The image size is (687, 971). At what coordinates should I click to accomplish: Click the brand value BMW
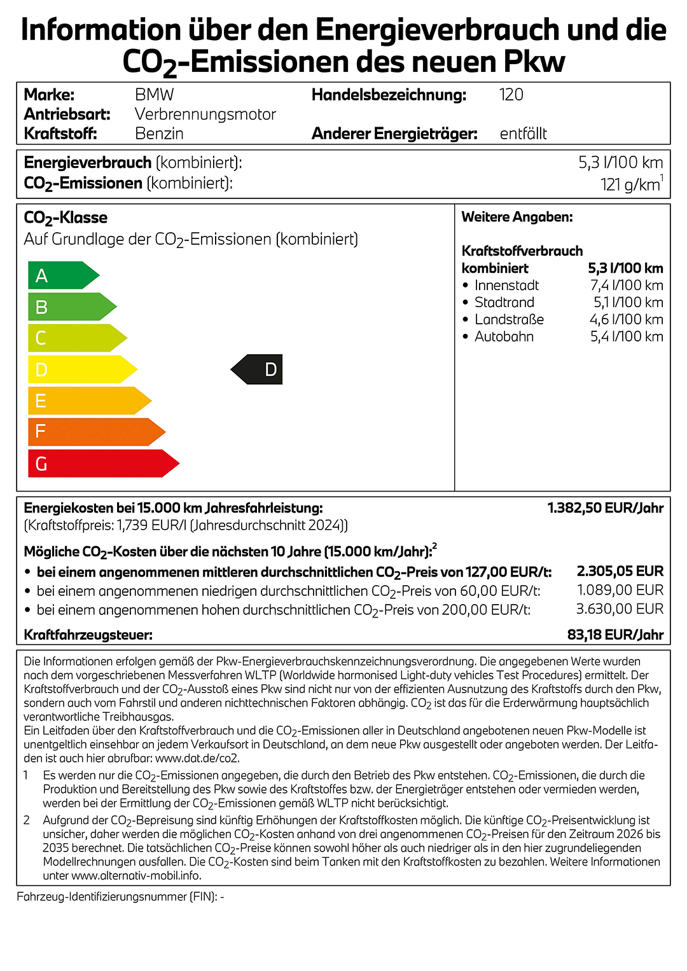tap(154, 95)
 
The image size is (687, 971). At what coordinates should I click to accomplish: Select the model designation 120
tap(511, 95)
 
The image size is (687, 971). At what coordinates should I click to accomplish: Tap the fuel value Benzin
tap(159, 134)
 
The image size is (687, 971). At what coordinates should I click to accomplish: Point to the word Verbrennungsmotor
tap(205, 114)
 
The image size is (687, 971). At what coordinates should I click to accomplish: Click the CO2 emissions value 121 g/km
tap(630, 184)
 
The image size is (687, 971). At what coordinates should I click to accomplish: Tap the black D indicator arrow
tap(258, 369)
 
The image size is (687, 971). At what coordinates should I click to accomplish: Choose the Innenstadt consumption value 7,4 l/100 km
tap(627, 286)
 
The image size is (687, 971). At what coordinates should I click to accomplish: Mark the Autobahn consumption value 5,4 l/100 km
tap(627, 337)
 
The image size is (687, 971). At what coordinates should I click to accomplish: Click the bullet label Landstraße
tap(509, 320)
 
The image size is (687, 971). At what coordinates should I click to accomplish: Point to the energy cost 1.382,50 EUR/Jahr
tap(605, 508)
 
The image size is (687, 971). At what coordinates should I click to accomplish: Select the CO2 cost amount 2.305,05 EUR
tap(620, 571)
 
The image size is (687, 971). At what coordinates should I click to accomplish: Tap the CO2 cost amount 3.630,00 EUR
tap(620, 609)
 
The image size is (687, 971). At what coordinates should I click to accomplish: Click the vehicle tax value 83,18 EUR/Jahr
tap(615, 635)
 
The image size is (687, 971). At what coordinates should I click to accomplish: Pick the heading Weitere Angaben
tap(517, 217)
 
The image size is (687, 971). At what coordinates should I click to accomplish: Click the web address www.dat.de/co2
tap(197, 758)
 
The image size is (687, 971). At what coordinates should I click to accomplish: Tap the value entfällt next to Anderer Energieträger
tap(523, 134)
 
